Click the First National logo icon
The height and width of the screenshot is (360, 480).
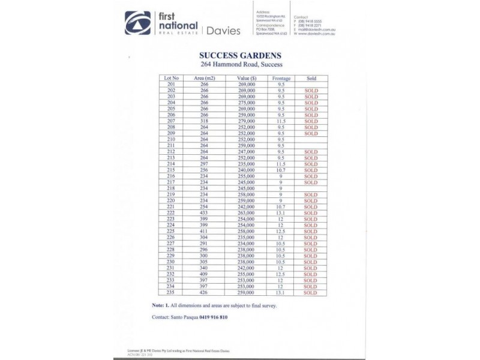[x=137, y=23]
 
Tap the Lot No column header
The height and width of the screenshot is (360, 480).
[x=172, y=79]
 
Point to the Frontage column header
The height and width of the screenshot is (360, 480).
[x=281, y=79]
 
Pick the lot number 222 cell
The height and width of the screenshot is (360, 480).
[x=171, y=212]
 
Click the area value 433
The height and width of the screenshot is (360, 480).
[x=204, y=212]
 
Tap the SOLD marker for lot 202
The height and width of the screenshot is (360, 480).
[x=311, y=91]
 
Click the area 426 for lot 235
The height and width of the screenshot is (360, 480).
[x=204, y=293]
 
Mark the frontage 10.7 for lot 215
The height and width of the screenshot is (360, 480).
[x=281, y=170]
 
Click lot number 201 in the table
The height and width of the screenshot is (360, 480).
[x=171, y=85]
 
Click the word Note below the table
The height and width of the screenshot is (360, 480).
[x=160, y=305]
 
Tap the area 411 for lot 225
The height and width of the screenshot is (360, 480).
[x=204, y=230]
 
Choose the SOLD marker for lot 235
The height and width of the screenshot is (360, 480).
[x=311, y=293]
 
